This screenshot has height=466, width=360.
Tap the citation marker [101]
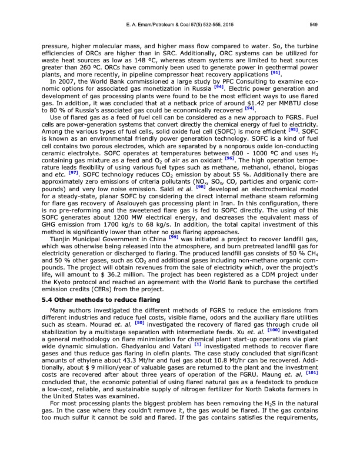311,372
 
